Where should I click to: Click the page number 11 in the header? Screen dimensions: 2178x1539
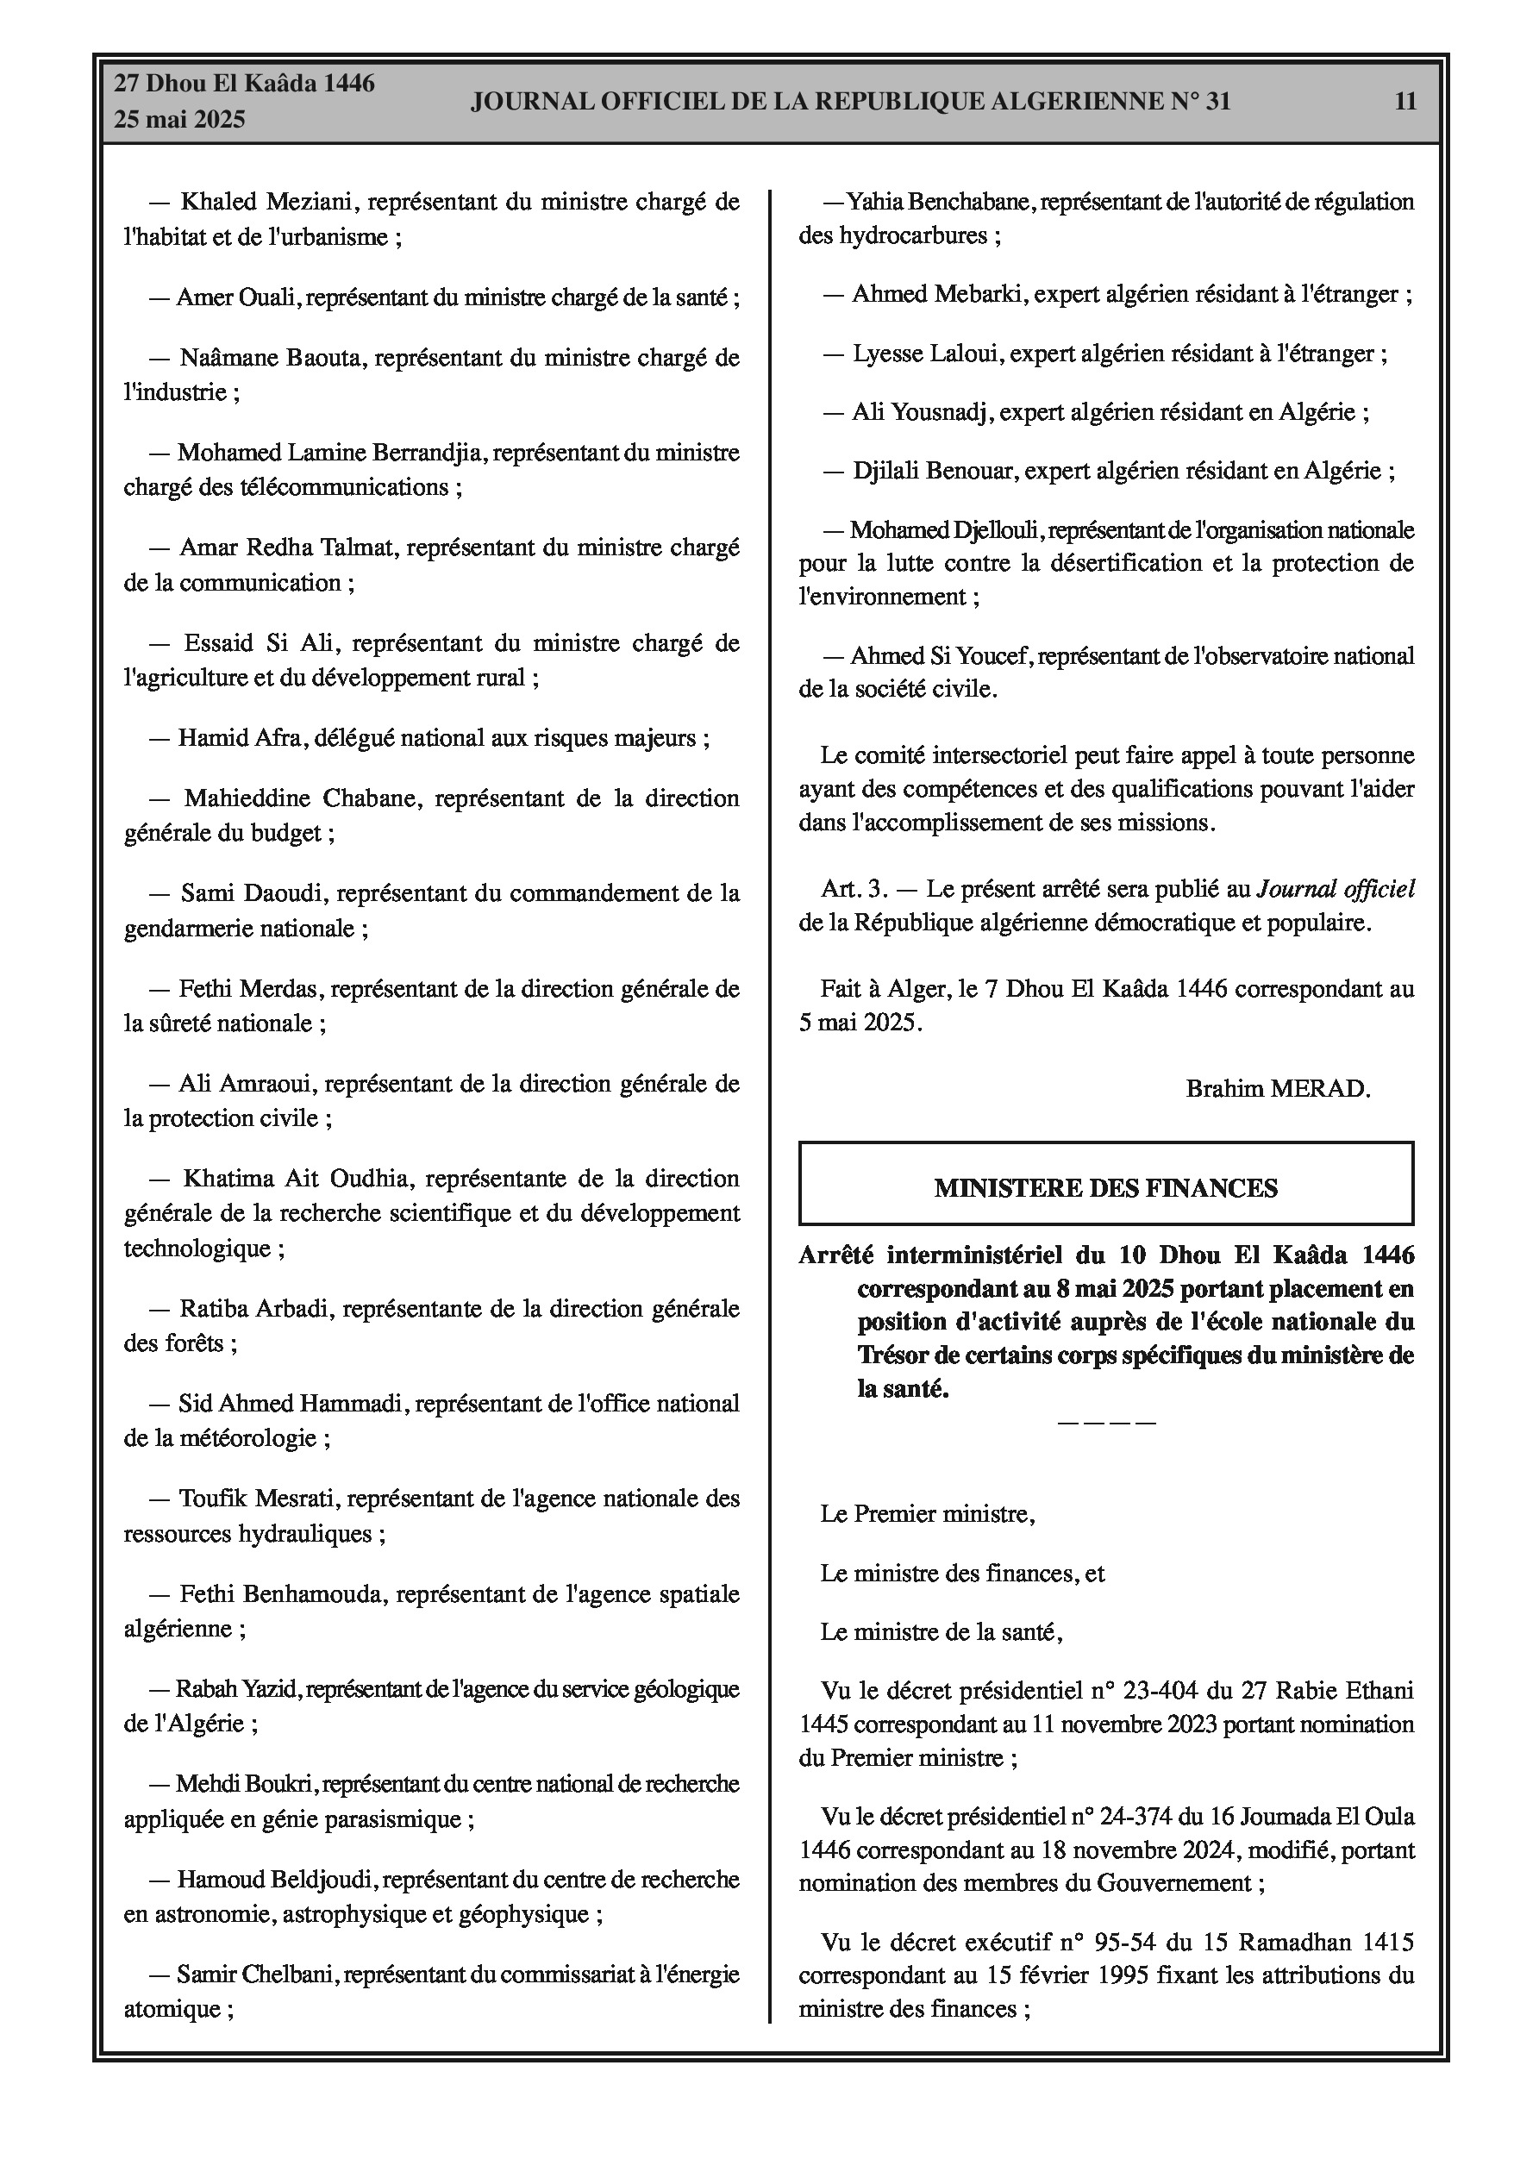point(1405,102)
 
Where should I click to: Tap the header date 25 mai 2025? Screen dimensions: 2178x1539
point(179,120)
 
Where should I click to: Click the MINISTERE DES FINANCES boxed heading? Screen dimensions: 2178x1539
point(1105,1189)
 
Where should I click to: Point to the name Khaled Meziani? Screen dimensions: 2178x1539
point(266,202)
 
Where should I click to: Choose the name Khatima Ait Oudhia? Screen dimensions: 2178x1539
point(296,1180)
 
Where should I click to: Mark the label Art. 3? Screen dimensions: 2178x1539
point(854,889)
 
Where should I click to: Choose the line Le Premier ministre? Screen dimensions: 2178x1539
point(927,1514)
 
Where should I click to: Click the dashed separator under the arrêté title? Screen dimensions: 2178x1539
point(1105,1423)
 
